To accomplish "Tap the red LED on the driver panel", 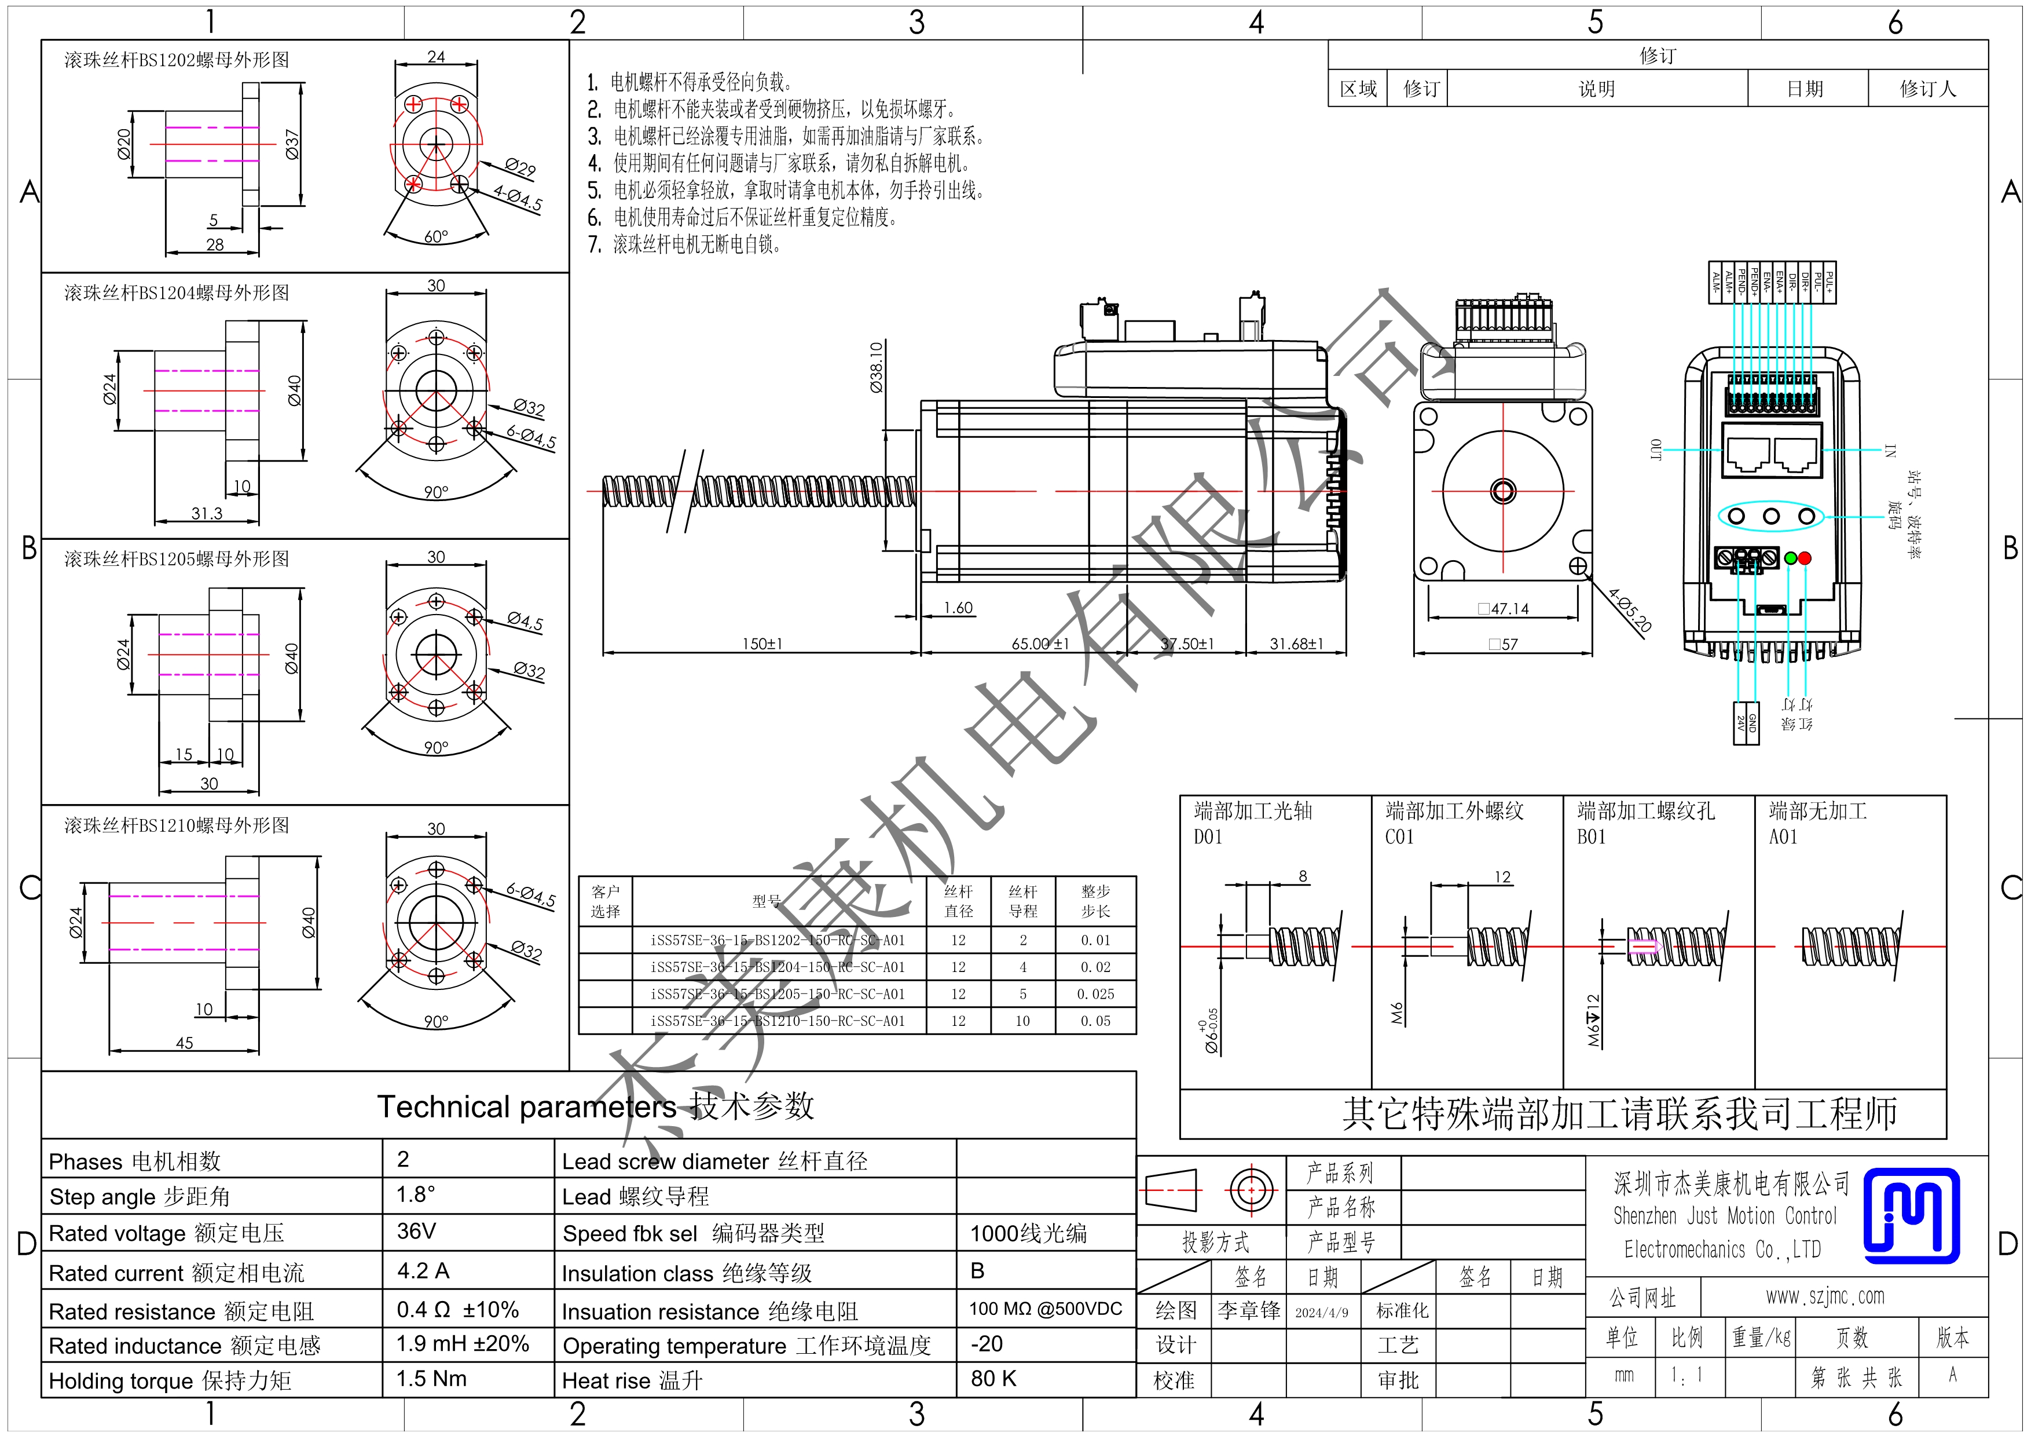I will tap(1805, 558).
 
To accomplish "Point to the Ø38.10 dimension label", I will tap(876, 367).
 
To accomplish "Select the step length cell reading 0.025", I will tap(1095, 993).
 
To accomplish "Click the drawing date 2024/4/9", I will tap(1322, 1312).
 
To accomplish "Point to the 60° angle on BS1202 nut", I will tap(436, 236).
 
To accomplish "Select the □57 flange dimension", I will tap(1503, 644).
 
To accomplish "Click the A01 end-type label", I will tap(1783, 837).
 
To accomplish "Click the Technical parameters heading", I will tap(595, 1106).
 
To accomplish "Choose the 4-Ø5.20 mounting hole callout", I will tap(1629, 611).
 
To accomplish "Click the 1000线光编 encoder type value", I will tap(1028, 1233).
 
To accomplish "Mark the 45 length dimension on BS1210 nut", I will tap(184, 1042).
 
